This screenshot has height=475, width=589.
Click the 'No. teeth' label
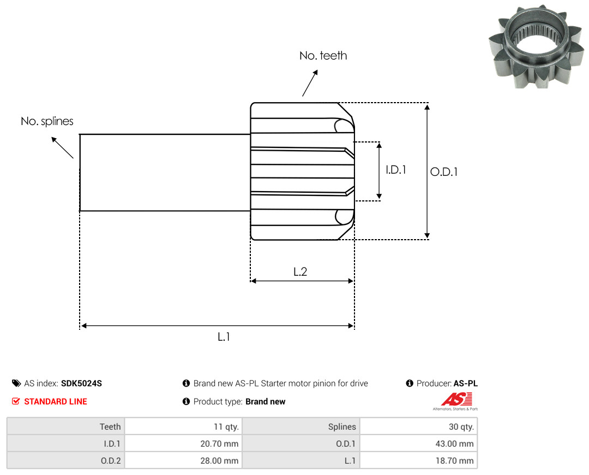coord(323,56)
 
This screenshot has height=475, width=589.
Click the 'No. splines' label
coord(47,121)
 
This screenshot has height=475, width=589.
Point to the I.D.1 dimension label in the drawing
coord(396,170)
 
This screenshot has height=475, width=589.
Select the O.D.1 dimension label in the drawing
coord(443,172)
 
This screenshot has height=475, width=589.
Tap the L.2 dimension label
coord(300,271)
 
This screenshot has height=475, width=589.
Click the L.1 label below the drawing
coord(224,337)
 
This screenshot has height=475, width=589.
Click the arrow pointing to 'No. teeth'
coord(310,83)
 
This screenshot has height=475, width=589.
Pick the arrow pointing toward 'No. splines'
coord(62,148)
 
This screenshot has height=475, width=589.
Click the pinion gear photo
coord(536,46)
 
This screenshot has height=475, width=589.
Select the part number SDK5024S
coord(81,383)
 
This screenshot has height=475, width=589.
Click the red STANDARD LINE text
coord(56,402)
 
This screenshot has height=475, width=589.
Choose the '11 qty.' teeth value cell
coord(183,426)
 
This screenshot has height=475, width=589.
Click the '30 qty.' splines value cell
coord(418,426)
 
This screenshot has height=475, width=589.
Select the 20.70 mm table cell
coord(183,444)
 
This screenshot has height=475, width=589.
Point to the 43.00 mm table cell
coord(418,444)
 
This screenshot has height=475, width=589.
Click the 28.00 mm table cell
coord(183,461)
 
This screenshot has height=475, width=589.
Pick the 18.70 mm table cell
coord(418,461)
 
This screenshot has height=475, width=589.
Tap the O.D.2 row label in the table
coord(111,461)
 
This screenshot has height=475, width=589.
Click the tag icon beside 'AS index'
coord(16,383)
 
